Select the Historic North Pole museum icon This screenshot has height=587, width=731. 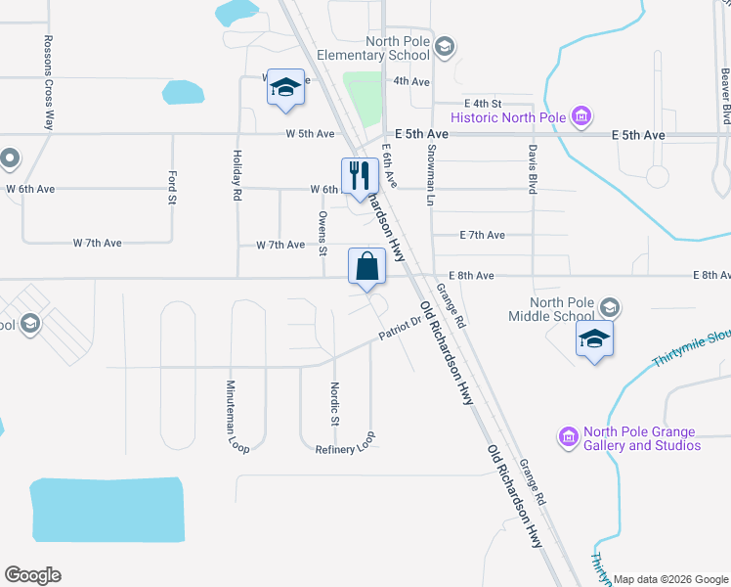pos(581,118)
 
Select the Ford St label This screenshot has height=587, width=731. pos(171,186)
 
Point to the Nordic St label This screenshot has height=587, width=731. pos(333,404)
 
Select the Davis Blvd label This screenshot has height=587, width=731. pos(533,170)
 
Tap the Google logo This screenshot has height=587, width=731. pos(32,575)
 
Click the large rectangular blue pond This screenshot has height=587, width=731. pos(107,509)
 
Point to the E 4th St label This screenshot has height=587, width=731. pos(483,103)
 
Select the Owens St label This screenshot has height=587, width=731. pos(322,232)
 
